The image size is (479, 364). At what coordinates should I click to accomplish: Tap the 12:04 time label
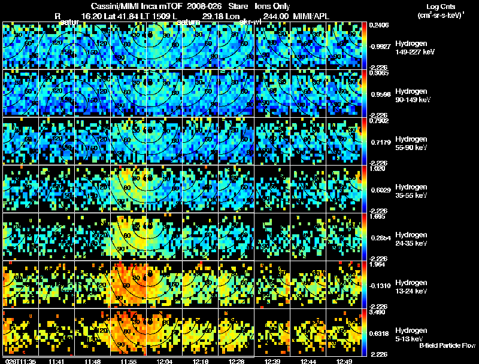(x=164, y=361)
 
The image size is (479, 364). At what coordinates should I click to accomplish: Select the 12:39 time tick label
(x=273, y=361)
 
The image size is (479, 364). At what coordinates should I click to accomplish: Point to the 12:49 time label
(x=345, y=361)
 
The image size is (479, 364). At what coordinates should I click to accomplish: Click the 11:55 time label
(x=128, y=361)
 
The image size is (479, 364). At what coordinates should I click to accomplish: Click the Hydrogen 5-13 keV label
(x=396, y=335)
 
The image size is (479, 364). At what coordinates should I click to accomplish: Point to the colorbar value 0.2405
(x=380, y=25)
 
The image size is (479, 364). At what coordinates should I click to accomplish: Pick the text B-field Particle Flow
(x=447, y=345)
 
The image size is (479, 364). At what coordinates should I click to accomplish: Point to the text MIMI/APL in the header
(x=310, y=18)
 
